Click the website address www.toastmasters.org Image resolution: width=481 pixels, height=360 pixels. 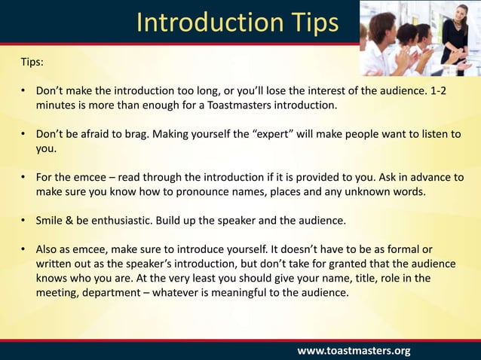click(x=354, y=350)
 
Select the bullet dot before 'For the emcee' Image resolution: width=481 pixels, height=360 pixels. click(x=23, y=177)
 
